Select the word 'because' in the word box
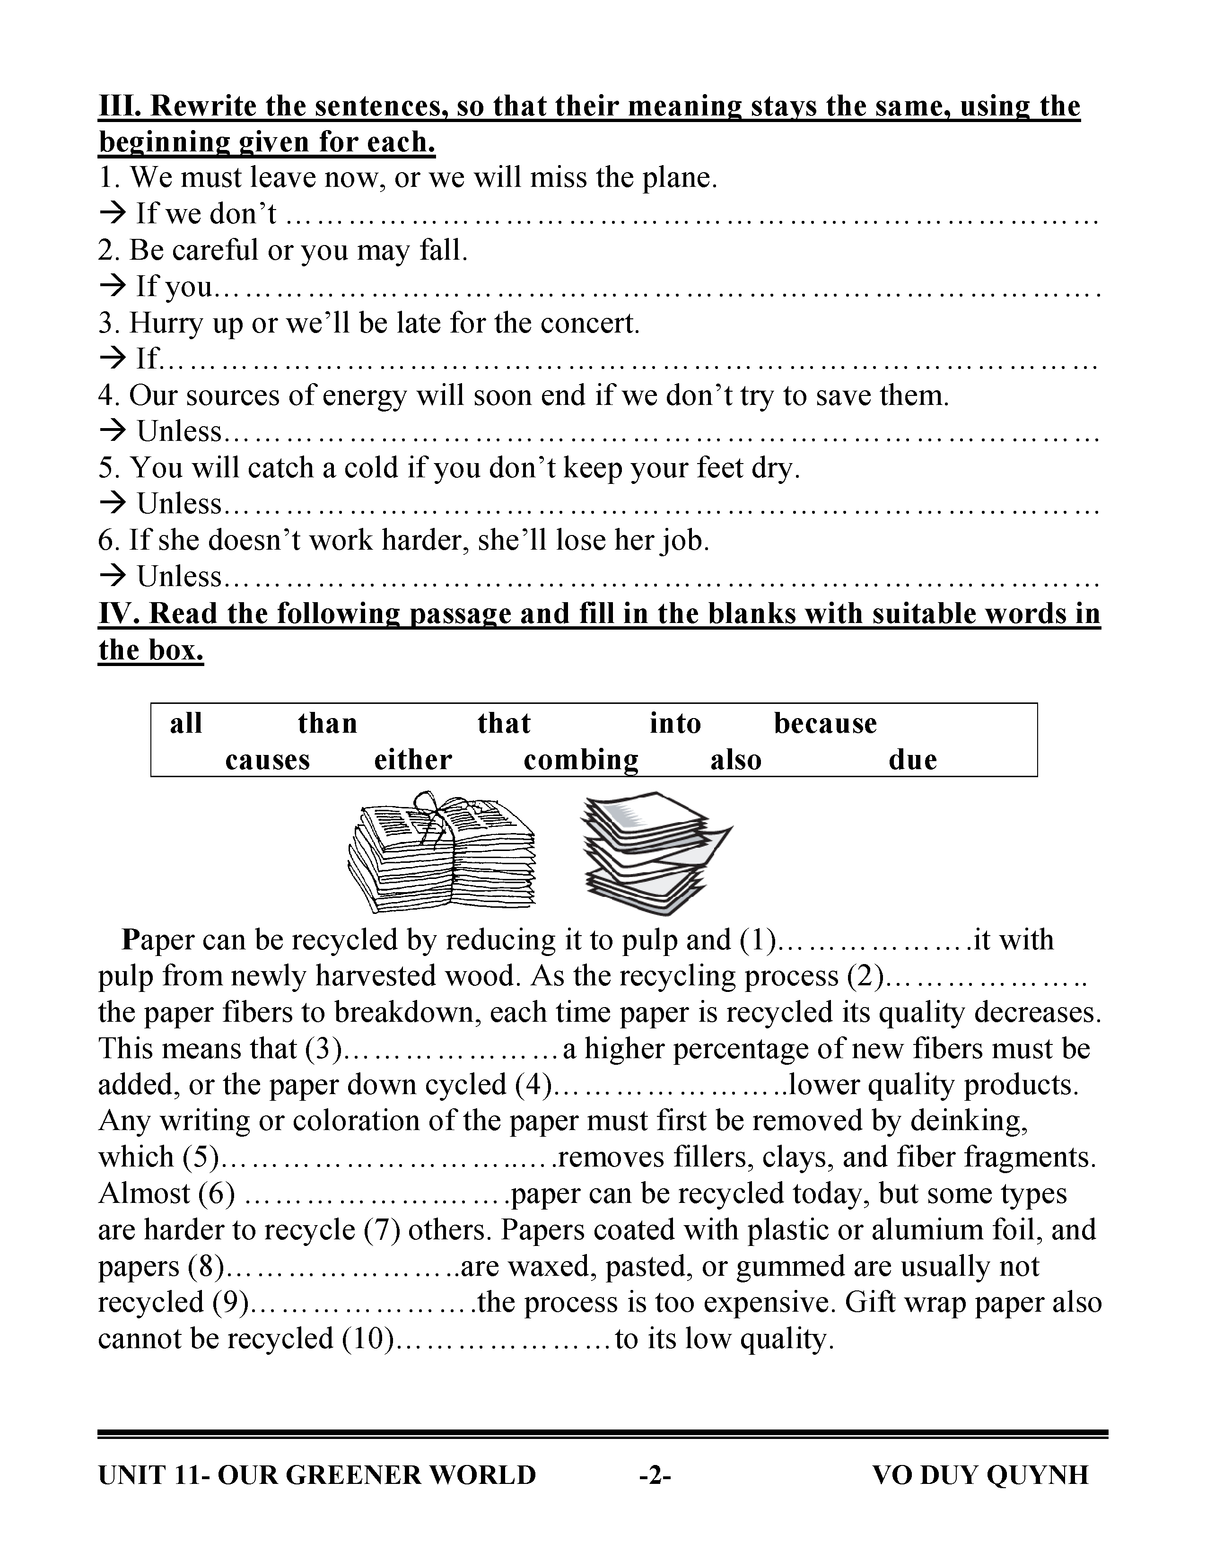coord(825,723)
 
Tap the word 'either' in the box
coord(413,759)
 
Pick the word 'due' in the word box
coord(912,759)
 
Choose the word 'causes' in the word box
coord(267,759)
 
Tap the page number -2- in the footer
coord(655,1474)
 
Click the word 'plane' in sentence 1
coord(677,177)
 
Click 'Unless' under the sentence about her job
coord(179,576)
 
